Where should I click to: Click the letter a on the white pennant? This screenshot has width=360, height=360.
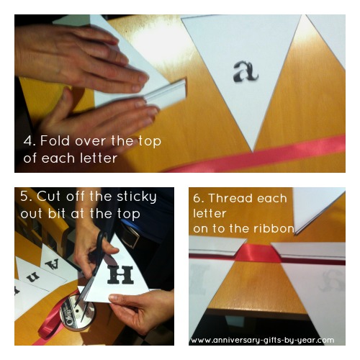(246, 71)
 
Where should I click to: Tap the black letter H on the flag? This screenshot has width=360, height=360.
(120, 275)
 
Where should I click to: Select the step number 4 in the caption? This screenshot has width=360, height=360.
(28, 141)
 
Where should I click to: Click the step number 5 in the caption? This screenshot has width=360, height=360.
(24, 196)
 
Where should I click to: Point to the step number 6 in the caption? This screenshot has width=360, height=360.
(197, 199)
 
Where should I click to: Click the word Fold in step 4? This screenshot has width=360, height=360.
(55, 140)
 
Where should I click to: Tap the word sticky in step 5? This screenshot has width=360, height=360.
(136, 197)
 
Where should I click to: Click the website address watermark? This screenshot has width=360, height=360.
(262, 340)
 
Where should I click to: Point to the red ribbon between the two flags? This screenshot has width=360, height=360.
(258, 253)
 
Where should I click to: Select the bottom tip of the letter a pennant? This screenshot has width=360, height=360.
(253, 151)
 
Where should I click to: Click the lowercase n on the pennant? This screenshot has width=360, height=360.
(32, 278)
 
